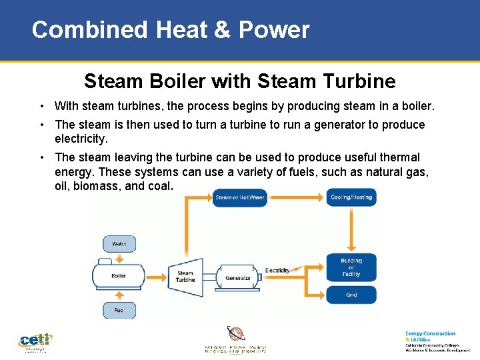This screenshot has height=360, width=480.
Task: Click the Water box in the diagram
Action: click(x=119, y=243)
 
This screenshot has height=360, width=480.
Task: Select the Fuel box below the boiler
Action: click(x=119, y=309)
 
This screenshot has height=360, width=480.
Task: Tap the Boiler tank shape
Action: click(x=119, y=275)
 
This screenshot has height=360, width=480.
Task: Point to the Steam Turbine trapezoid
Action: click(x=185, y=276)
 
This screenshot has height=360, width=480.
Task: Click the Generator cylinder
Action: click(x=238, y=277)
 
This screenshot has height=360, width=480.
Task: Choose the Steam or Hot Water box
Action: click(x=239, y=197)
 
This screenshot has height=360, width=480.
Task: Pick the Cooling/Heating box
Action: click(x=351, y=197)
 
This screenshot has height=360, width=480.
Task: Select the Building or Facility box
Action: click(x=351, y=267)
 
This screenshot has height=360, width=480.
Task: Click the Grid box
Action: click(x=351, y=295)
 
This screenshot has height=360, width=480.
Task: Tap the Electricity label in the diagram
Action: click(x=277, y=270)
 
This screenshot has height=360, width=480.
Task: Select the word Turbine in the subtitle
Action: click(x=364, y=81)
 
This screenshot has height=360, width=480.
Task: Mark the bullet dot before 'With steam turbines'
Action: click(x=42, y=106)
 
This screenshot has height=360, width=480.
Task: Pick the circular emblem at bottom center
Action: click(x=236, y=333)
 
